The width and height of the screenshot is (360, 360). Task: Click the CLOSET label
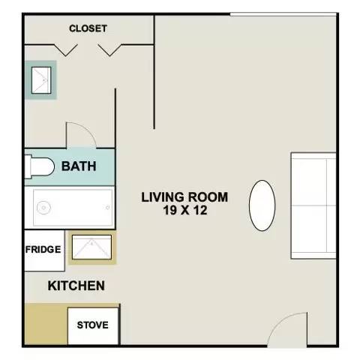tap(88, 28)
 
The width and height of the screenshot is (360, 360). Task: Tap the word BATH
tap(79, 166)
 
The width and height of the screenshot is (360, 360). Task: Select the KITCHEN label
tap(76, 286)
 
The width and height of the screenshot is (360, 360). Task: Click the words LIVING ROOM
tap(184, 197)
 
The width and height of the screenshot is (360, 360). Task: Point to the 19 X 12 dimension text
tap(185, 210)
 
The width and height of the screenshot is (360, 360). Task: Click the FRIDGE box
tap(45, 250)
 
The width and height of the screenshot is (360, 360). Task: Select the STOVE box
tap(93, 325)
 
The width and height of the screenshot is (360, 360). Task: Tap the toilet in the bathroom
tap(40, 166)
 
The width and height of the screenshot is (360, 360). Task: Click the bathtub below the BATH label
tap(73, 208)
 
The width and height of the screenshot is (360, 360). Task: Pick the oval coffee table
tap(262, 205)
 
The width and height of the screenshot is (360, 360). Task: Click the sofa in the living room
tap(313, 205)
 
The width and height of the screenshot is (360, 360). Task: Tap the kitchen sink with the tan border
tap(92, 247)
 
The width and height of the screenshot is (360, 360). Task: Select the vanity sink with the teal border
tap(41, 80)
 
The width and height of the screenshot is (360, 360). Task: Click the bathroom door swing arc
tap(87, 130)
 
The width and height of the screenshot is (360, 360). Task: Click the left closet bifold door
tap(66, 50)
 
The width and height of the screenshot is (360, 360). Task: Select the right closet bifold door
tap(109, 50)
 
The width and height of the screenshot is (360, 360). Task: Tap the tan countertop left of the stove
tap(46, 324)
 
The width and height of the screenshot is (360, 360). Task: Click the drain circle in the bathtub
tap(43, 208)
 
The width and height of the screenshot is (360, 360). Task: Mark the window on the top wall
tap(283, 15)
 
